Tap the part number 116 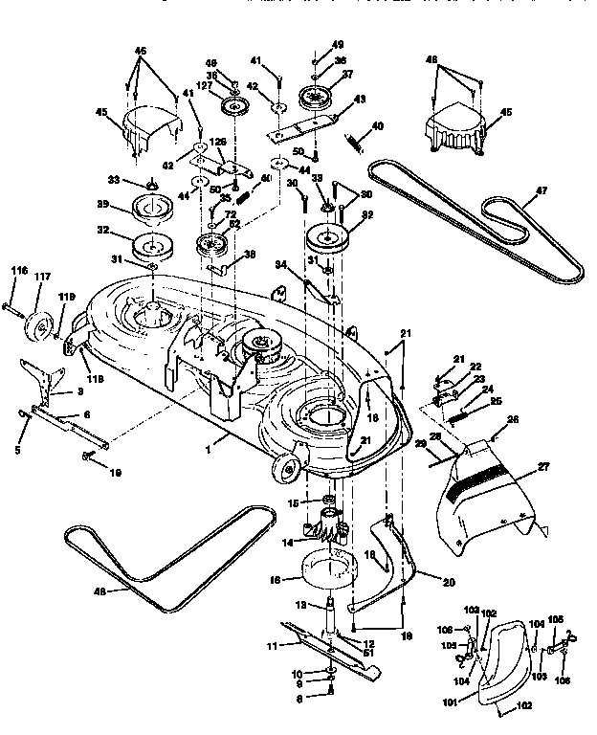[18, 273]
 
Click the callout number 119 [65, 297]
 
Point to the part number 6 [87, 413]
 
